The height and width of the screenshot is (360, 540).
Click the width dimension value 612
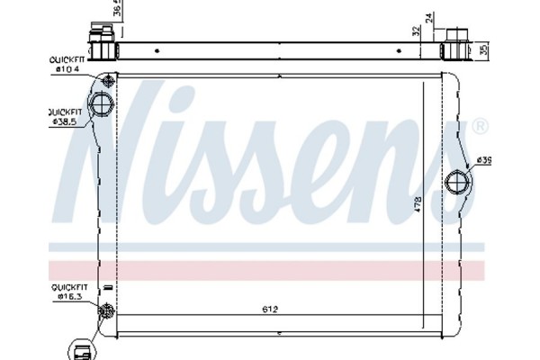pyautogui.click(x=270, y=310)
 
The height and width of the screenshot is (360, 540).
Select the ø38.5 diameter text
pyautogui.click(x=67, y=121)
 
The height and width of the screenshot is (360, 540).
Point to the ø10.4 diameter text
pyautogui.click(x=68, y=68)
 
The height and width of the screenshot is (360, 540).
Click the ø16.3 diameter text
pyautogui.click(x=68, y=295)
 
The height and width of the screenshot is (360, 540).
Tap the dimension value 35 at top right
pyautogui.click(x=484, y=49)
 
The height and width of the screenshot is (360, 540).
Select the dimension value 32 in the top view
pyautogui.click(x=416, y=31)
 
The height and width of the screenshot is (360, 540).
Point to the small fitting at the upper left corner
pyautogui.click(x=108, y=77)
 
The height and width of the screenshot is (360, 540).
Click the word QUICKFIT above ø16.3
pyautogui.click(x=67, y=286)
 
